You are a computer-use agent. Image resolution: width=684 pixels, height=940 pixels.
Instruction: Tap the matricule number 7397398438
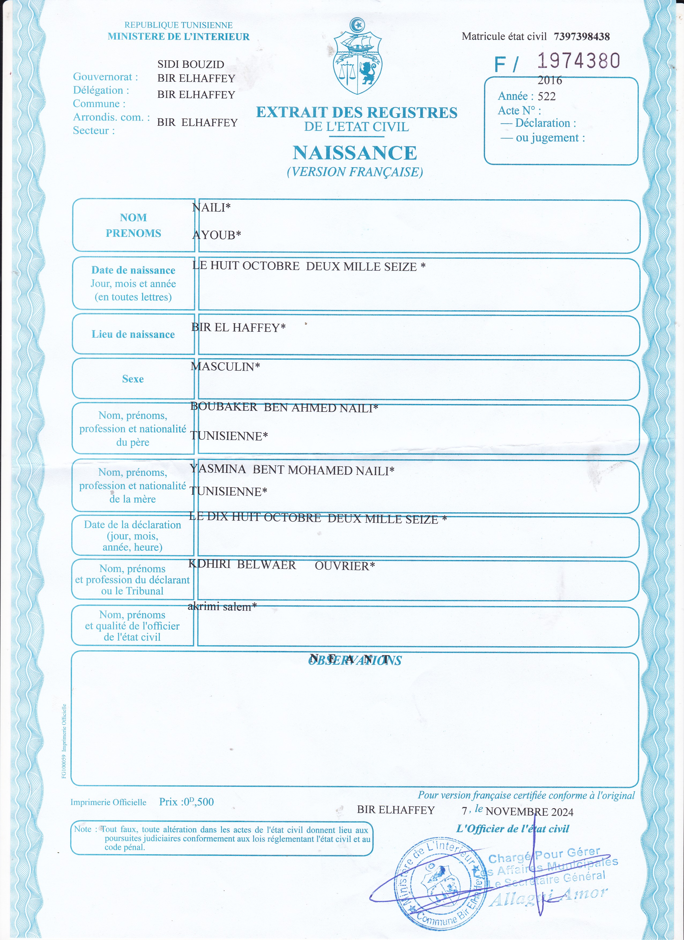[582, 36]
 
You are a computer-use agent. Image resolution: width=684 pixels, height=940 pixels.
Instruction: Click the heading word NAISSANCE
[355, 153]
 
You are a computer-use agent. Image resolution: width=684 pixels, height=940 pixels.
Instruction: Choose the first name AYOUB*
[216, 235]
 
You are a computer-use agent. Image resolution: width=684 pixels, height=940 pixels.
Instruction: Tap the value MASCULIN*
[225, 366]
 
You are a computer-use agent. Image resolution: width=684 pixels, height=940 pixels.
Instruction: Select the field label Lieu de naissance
[133, 334]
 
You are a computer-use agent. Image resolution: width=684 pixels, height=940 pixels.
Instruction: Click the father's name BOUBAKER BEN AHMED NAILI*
[284, 407]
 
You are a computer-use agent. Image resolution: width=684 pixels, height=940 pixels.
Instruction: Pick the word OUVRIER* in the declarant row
[344, 566]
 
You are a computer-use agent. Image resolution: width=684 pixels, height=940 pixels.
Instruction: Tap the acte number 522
[547, 96]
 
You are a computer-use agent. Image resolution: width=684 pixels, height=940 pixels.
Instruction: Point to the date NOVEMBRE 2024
[529, 812]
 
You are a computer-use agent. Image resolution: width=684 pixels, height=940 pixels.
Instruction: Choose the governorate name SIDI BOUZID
[191, 64]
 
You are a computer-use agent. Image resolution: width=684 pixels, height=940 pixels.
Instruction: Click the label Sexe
[133, 379]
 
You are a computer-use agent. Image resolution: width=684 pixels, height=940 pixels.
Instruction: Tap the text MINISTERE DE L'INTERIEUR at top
[179, 36]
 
